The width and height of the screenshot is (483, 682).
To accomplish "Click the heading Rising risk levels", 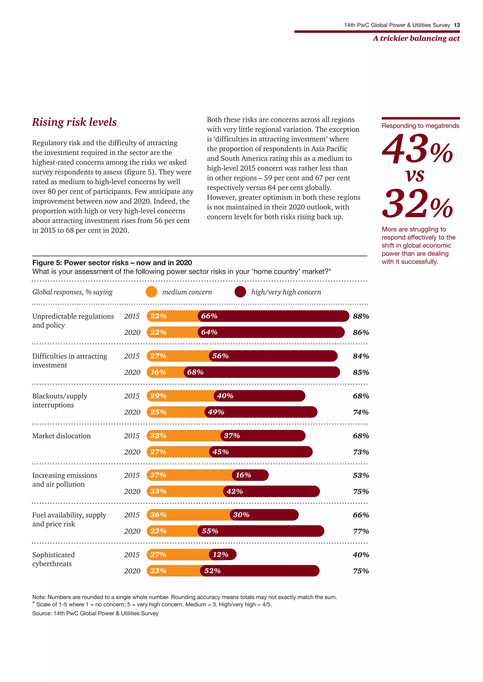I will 74,122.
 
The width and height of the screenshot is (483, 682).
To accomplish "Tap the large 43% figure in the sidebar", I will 417,149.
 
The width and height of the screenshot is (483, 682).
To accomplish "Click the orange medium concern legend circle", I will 151,292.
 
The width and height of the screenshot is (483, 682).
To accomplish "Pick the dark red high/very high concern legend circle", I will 240,292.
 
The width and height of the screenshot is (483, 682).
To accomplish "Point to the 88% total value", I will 361,316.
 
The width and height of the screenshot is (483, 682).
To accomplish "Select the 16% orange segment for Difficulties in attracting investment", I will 165,372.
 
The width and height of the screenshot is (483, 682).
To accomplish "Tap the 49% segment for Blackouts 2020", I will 261,412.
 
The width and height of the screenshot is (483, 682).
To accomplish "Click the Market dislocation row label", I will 62,436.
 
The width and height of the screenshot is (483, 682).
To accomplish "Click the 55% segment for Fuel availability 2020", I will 261,531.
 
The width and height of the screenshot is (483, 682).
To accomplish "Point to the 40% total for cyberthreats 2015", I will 361,555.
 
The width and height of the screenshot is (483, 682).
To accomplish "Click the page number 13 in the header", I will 457,25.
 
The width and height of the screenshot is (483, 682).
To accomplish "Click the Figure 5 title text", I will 112,263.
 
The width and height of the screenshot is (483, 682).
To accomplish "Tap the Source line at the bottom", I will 96,613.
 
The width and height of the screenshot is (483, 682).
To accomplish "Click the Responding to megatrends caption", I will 420,126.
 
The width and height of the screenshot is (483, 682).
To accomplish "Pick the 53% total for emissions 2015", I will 361,475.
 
